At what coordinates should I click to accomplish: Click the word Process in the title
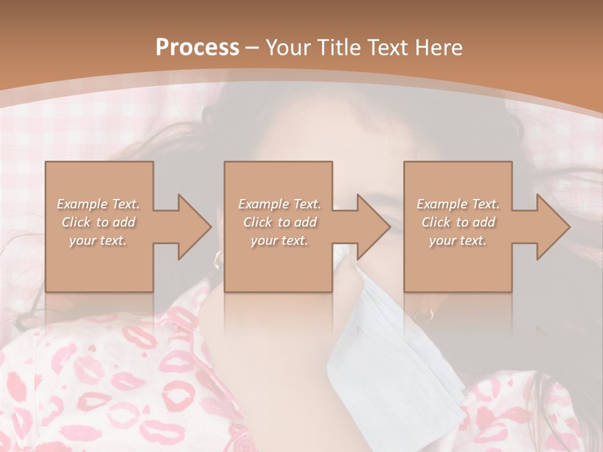(197, 48)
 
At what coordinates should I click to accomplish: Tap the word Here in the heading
(439, 48)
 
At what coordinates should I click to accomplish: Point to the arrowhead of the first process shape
(194, 227)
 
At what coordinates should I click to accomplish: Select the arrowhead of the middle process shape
(373, 227)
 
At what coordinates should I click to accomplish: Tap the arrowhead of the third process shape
(553, 227)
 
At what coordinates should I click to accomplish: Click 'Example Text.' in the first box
(98, 204)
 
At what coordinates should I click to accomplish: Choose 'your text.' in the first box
(98, 240)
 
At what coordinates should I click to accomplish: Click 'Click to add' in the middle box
(280, 222)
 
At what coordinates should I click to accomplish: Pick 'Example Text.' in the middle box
(280, 204)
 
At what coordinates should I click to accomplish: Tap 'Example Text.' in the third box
(458, 204)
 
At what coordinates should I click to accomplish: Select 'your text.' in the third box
(458, 240)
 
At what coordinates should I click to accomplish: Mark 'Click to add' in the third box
(458, 222)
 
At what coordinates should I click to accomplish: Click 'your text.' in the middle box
(280, 240)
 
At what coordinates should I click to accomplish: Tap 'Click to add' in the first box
(98, 222)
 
